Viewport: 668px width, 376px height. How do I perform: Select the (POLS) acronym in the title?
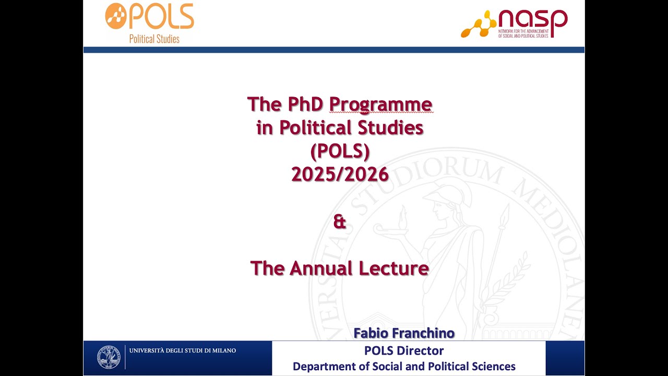[340, 151]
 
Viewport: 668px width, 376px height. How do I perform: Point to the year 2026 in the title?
[367, 174]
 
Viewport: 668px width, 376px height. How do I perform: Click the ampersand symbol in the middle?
[339, 221]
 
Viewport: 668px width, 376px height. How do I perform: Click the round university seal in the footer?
[109, 357]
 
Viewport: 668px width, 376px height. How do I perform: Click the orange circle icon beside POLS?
[115, 16]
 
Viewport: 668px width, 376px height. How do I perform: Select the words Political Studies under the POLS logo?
[154, 39]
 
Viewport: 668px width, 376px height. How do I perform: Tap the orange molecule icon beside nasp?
[478, 25]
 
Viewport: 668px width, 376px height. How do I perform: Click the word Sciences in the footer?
[491, 367]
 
